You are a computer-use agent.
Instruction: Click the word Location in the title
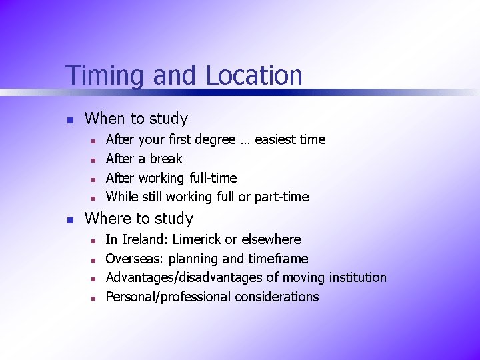coord(254,75)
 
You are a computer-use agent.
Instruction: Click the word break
coord(166,159)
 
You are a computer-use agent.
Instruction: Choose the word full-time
coord(213,178)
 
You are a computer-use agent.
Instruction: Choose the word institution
coord(354,277)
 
